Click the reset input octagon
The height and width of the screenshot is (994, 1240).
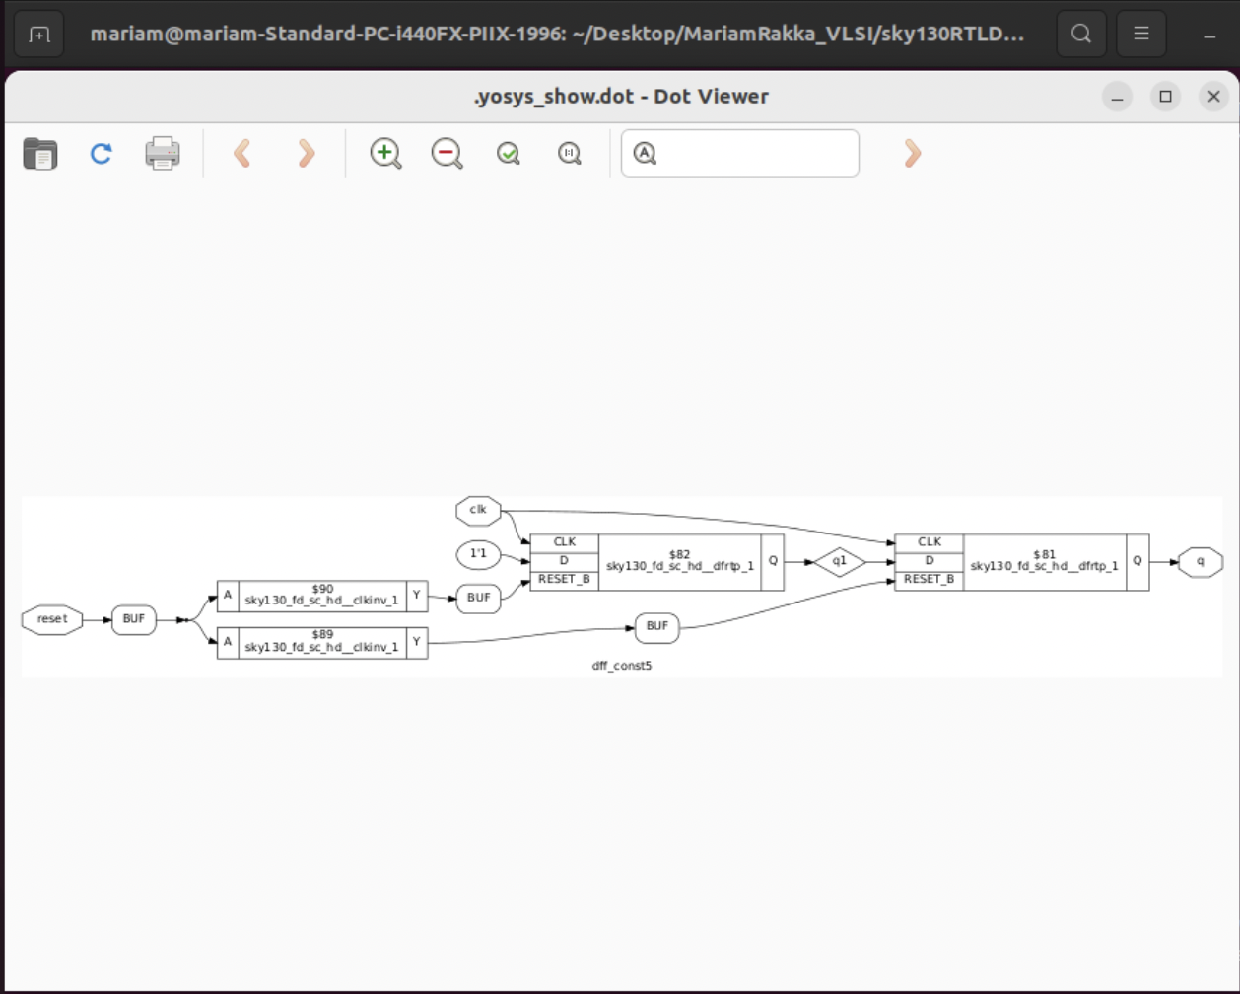tap(52, 619)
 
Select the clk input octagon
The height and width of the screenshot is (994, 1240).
tap(478, 510)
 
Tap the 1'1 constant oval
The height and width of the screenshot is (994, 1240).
tap(478, 555)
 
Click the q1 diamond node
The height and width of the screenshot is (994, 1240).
tap(839, 560)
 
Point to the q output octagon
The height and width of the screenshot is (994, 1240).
tap(1201, 561)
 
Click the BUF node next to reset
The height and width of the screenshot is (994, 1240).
tap(134, 619)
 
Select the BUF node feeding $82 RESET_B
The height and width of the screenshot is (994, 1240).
tap(478, 598)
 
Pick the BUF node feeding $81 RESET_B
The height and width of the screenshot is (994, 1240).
tap(657, 626)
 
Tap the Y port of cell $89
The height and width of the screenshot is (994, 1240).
tap(417, 643)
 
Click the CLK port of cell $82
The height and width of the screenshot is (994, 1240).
tap(564, 542)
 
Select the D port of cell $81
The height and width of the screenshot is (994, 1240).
tap(929, 560)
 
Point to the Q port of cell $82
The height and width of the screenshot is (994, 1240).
tap(773, 561)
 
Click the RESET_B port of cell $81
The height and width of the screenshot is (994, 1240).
tap(929, 579)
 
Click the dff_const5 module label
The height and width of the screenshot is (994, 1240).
tap(621, 666)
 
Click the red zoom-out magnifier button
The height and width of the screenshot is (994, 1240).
tap(447, 153)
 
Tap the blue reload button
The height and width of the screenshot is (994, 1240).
tap(101, 153)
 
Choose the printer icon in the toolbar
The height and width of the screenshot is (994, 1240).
tap(163, 153)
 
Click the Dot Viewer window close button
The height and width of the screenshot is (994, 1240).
tap(1213, 97)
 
